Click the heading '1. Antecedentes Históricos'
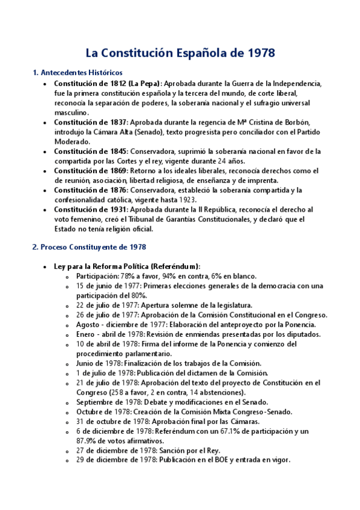point(77,73)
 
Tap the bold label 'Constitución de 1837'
point(90,122)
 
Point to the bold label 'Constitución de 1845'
point(90,151)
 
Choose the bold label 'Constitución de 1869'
point(90,171)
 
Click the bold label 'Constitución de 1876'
point(90,190)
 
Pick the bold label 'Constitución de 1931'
point(90,209)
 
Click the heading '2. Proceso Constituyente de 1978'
point(89,247)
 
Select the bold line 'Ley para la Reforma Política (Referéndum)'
point(127,266)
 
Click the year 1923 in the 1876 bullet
point(201,200)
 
